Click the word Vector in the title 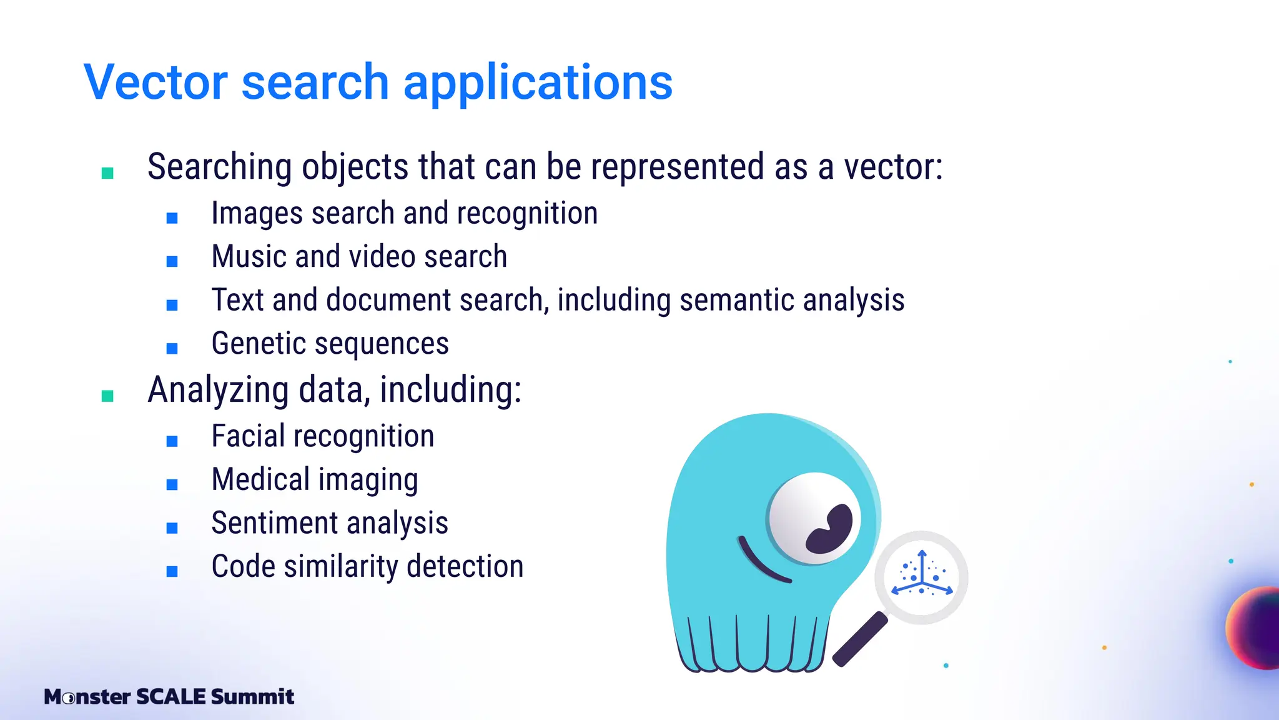[x=156, y=82]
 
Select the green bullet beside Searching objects [x=107, y=173]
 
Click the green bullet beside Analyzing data [x=107, y=396]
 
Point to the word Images [x=257, y=214]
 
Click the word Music [x=249, y=257]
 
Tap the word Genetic [x=257, y=344]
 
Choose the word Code [x=243, y=566]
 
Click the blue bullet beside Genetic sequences [x=172, y=348]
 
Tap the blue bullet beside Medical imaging [x=172, y=484]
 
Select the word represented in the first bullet [x=678, y=167]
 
